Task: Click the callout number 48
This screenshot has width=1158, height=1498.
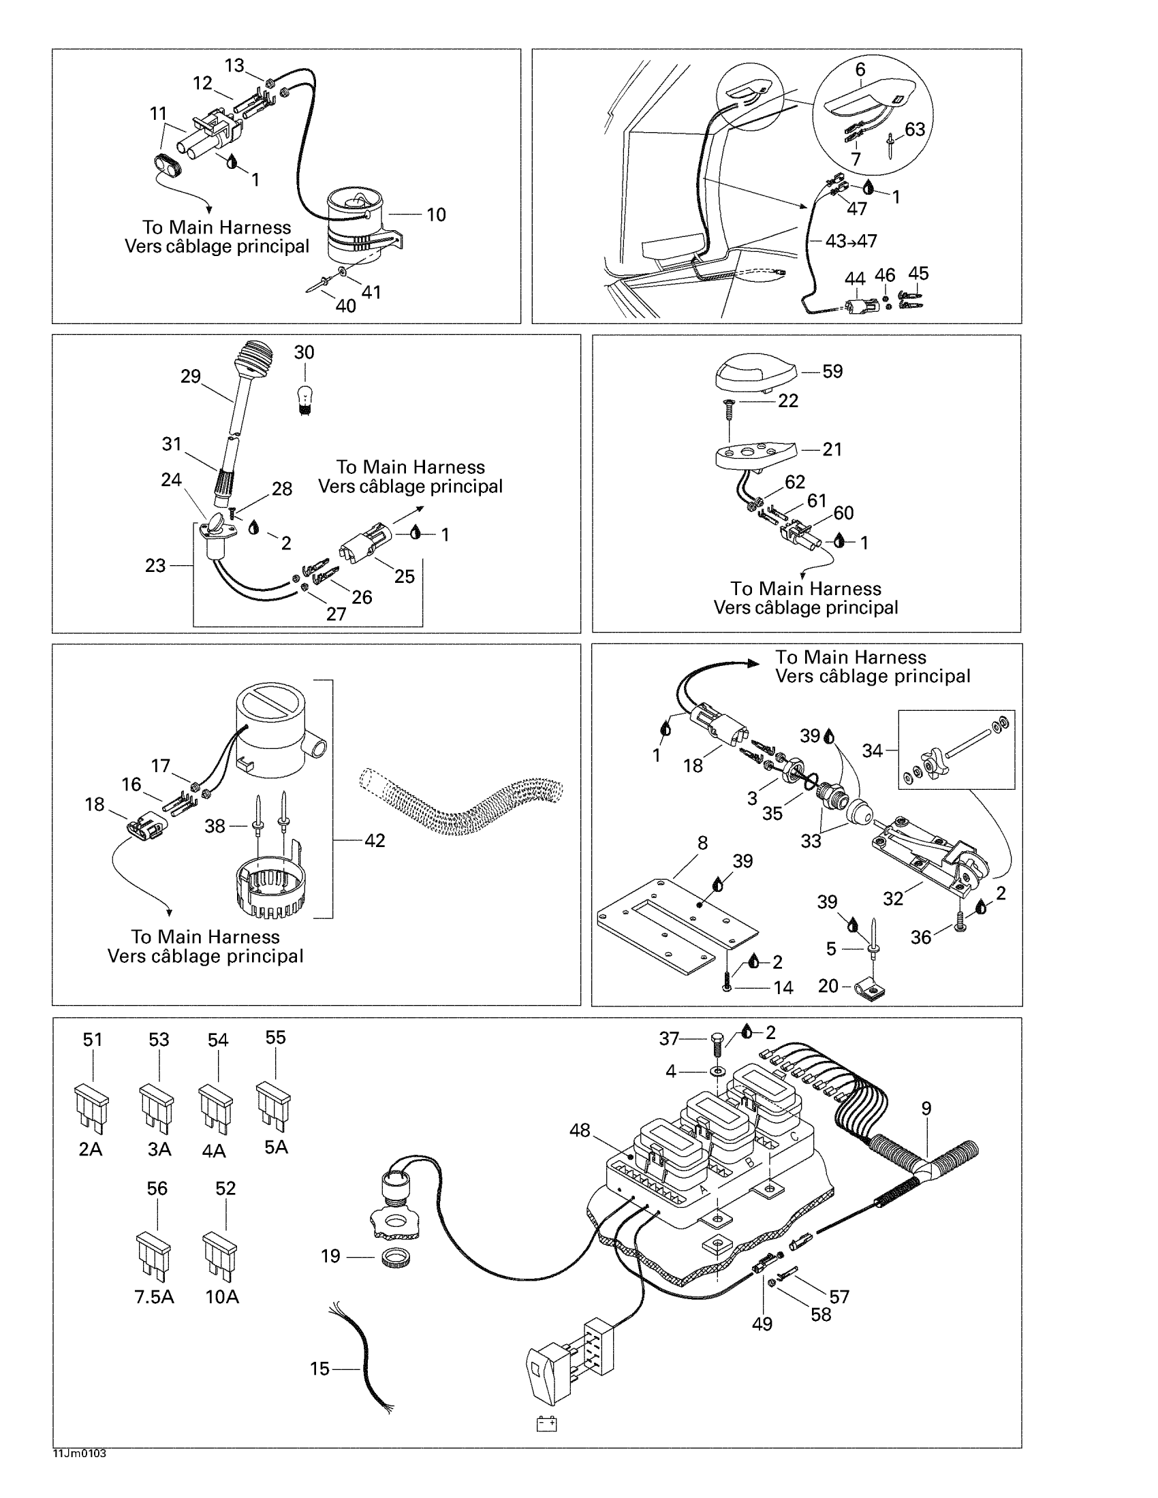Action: pos(580,1130)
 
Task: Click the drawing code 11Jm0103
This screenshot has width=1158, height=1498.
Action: pos(79,1453)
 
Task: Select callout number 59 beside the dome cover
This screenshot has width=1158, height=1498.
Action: pos(832,371)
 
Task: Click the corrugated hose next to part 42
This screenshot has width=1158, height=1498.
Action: pos(460,803)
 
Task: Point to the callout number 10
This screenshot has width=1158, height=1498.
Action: pos(437,214)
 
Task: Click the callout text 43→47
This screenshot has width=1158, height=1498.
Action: pos(851,241)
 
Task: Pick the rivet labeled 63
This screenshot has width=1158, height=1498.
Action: pos(890,146)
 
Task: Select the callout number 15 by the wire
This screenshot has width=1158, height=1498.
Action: pos(319,1369)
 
